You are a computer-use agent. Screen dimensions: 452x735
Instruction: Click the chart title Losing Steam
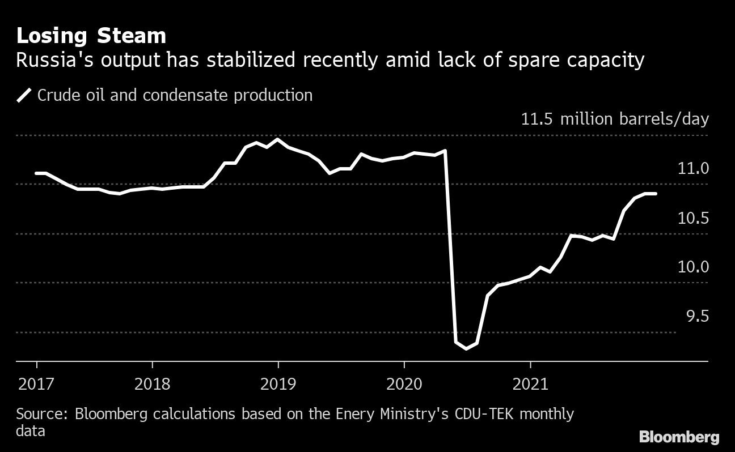point(91,36)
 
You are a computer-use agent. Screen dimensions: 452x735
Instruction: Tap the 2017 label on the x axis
point(37,385)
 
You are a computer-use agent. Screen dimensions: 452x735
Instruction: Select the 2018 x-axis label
point(152,385)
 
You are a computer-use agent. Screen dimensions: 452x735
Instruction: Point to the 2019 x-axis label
point(278,385)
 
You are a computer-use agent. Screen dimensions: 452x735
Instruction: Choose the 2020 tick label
point(404,385)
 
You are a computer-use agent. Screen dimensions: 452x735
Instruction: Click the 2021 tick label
point(530,385)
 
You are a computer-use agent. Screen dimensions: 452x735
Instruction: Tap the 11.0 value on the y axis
point(693,168)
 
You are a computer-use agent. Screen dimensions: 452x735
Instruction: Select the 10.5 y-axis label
point(693,218)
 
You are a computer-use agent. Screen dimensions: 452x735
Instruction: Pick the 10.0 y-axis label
point(693,267)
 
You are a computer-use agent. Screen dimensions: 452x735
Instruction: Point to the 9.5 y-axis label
point(698,316)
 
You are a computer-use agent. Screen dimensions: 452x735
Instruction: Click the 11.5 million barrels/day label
point(615,120)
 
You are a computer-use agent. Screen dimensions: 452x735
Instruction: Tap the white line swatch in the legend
point(24,95)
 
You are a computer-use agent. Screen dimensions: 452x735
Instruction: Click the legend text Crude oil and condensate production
point(175,95)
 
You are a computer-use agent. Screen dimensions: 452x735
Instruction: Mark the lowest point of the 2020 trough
point(466,348)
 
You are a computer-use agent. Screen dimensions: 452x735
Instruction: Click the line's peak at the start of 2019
point(277,139)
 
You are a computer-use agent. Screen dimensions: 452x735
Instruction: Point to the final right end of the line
point(656,194)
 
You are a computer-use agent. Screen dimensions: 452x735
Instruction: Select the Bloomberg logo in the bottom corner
point(679,437)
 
